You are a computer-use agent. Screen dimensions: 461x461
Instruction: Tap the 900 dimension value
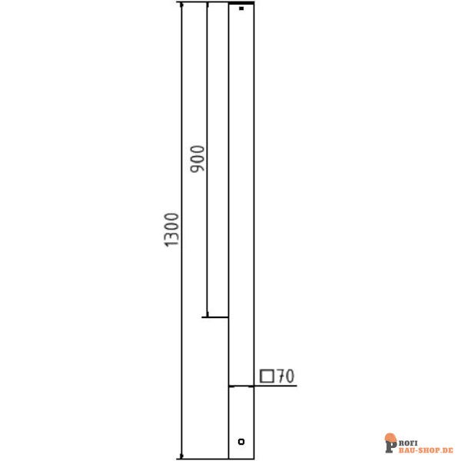click(x=196, y=158)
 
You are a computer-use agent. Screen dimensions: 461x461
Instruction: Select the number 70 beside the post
click(x=286, y=376)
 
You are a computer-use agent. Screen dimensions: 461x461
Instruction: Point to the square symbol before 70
click(x=268, y=376)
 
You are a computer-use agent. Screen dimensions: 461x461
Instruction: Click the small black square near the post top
click(x=241, y=9)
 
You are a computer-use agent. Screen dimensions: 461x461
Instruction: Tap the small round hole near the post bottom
click(x=241, y=442)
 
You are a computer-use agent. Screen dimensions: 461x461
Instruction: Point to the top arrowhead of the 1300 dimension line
click(x=181, y=6)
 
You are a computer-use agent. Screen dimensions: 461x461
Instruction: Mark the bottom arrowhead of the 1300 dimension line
click(x=181, y=454)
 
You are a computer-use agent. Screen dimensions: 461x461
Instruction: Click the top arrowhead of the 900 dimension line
click(x=207, y=6)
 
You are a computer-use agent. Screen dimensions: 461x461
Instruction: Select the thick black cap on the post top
click(x=242, y=4)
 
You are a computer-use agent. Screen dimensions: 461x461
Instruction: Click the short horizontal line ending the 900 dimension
click(x=216, y=317)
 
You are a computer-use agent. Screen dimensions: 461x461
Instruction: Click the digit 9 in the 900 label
click(x=196, y=168)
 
